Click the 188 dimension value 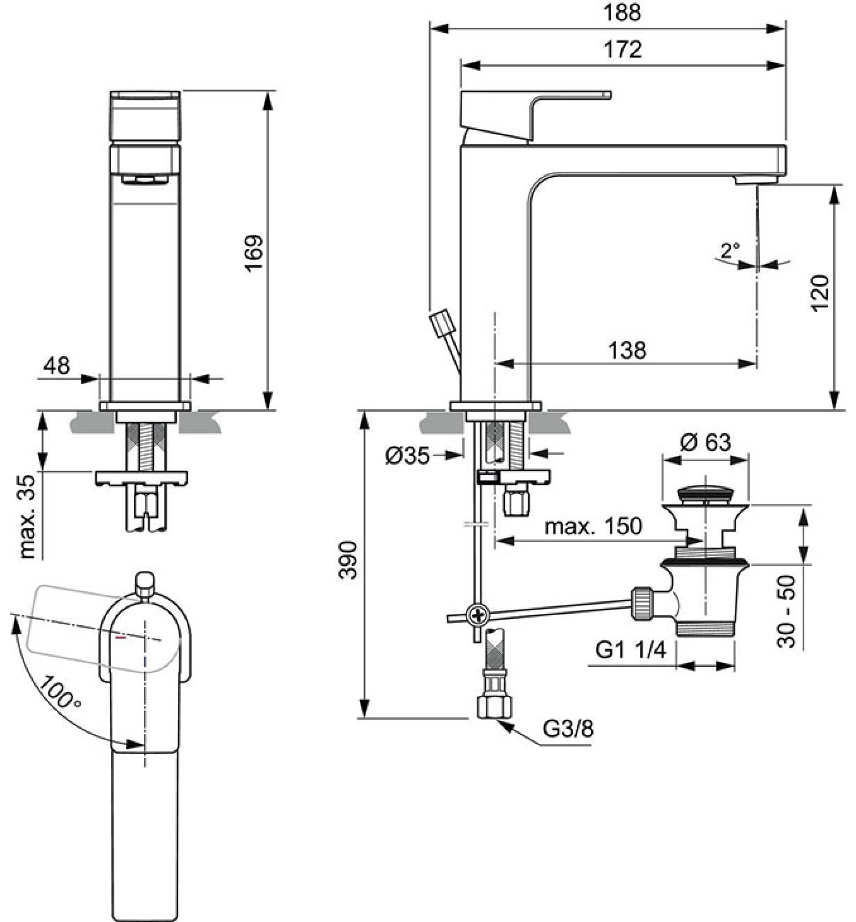tap(622, 13)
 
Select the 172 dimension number tap(622, 50)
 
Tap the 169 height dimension tap(254, 253)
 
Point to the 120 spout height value tap(821, 294)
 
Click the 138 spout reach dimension tap(627, 350)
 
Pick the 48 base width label tap(57, 366)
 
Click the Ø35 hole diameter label tap(408, 456)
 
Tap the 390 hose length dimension tap(348, 560)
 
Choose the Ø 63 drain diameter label tap(706, 442)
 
